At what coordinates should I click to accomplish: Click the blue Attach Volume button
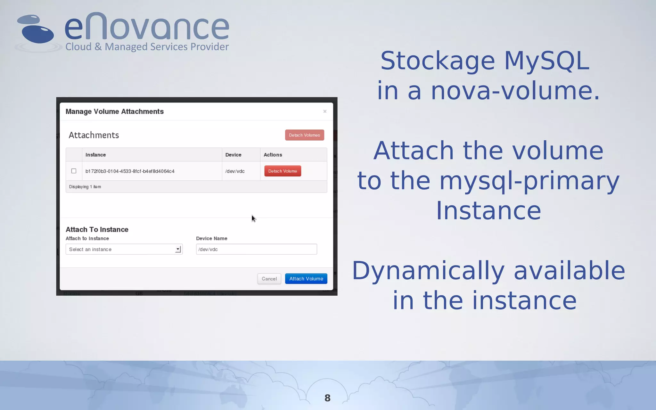point(306,279)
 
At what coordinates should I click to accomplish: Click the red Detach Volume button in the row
point(283,171)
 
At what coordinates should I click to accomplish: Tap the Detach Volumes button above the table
point(304,135)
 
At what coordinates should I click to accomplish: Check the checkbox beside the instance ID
point(74,171)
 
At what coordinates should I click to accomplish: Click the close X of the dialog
point(325,111)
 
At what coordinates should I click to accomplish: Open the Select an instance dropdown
point(124,249)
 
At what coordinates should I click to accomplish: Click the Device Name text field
point(256,249)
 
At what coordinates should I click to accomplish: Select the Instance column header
point(95,155)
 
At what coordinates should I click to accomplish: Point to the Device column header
point(233,155)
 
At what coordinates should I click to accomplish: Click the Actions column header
point(273,155)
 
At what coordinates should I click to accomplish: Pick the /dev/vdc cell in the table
point(235,171)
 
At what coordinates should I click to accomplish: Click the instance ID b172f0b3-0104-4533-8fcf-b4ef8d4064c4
point(130,171)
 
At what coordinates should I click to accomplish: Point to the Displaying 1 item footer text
point(85,187)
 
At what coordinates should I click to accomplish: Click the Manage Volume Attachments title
point(114,111)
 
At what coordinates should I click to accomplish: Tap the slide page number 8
point(327,398)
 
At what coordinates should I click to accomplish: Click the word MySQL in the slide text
point(546,61)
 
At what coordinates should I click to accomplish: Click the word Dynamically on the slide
point(428,271)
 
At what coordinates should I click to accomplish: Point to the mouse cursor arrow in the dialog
point(253,218)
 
